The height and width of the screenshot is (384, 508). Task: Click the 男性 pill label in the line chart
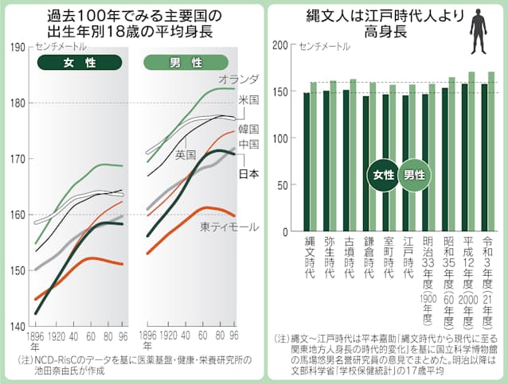click(x=191, y=62)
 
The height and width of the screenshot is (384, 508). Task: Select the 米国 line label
click(x=248, y=101)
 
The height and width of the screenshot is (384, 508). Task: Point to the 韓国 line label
click(x=248, y=129)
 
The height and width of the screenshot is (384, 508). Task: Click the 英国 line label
click(x=186, y=153)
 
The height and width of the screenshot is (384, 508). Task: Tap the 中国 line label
click(x=248, y=144)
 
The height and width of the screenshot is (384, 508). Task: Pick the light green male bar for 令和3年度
click(x=491, y=152)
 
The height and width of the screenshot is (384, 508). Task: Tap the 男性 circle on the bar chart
click(x=414, y=175)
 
